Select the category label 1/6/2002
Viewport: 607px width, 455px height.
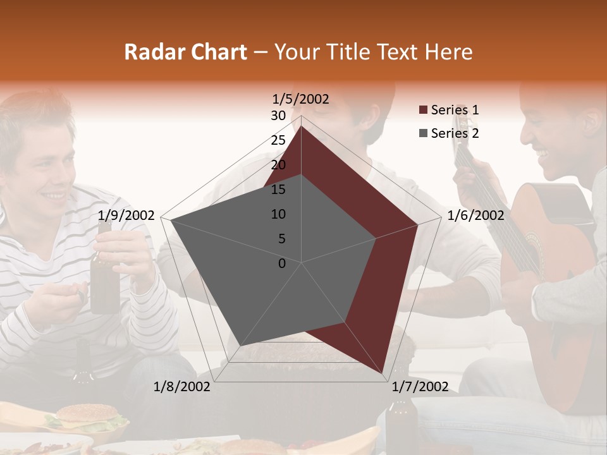click(x=475, y=215)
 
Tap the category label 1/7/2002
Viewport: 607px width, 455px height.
click(x=419, y=386)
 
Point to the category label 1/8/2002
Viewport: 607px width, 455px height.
click(x=182, y=386)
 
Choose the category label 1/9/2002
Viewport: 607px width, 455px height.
click(x=126, y=215)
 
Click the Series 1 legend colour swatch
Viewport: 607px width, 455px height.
click(x=423, y=110)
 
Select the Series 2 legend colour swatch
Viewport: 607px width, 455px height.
click(x=423, y=133)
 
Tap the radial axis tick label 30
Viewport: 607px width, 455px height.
click(x=278, y=116)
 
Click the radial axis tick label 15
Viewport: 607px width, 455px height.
click(x=278, y=190)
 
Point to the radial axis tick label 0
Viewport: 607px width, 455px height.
click(x=282, y=264)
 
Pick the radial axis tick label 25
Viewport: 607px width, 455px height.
click(x=278, y=140)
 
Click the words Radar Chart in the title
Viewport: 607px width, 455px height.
click(x=185, y=52)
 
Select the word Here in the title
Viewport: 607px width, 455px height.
click(x=449, y=52)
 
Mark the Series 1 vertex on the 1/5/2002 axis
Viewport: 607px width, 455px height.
click(x=302, y=126)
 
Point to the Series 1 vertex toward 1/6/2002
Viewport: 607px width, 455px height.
click(x=417, y=224)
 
